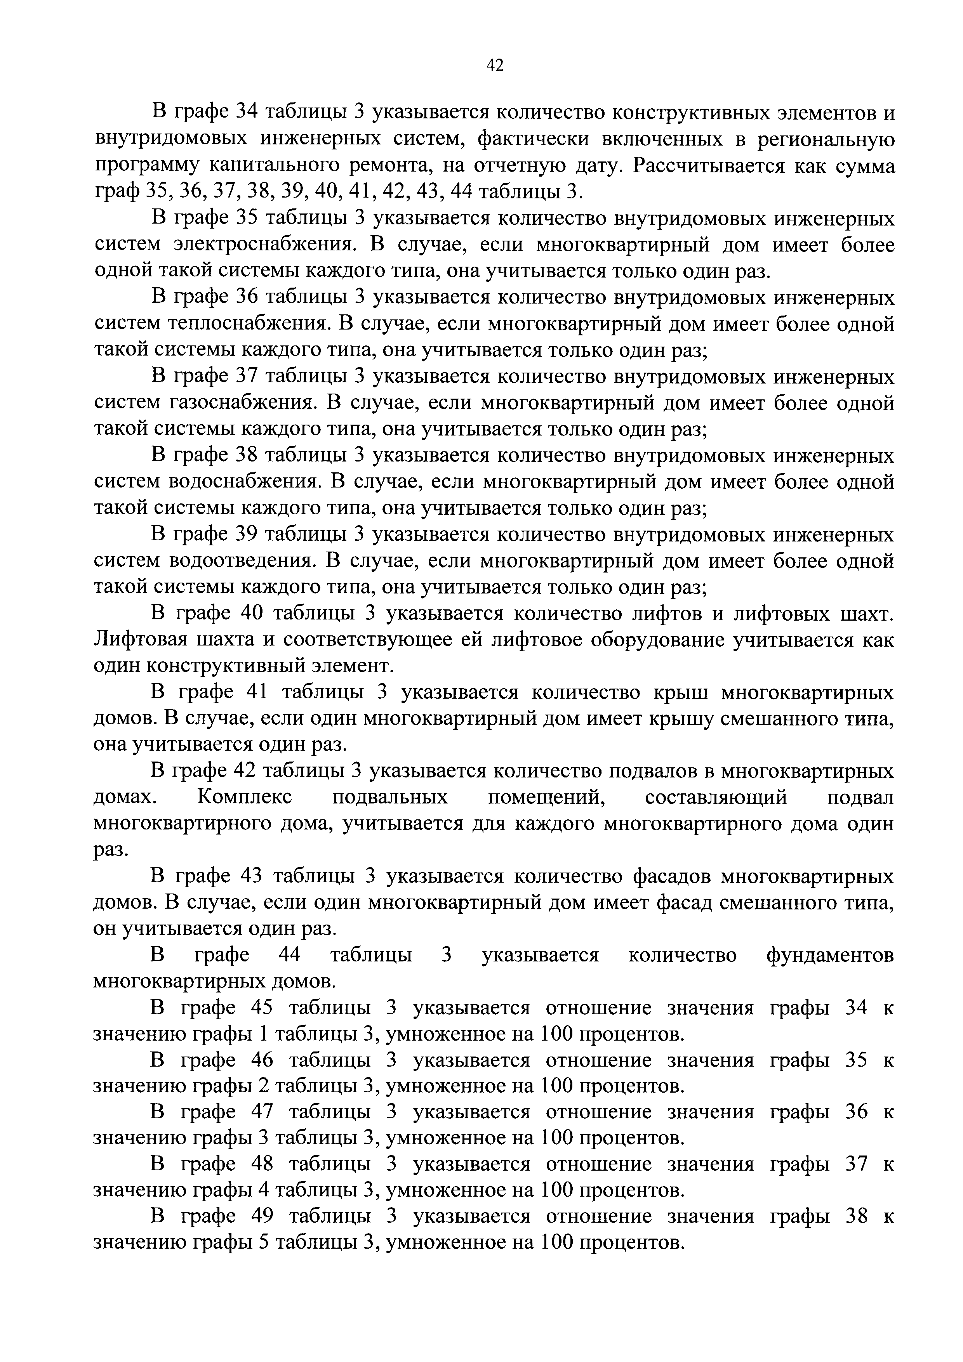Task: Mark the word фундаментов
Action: point(829,956)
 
